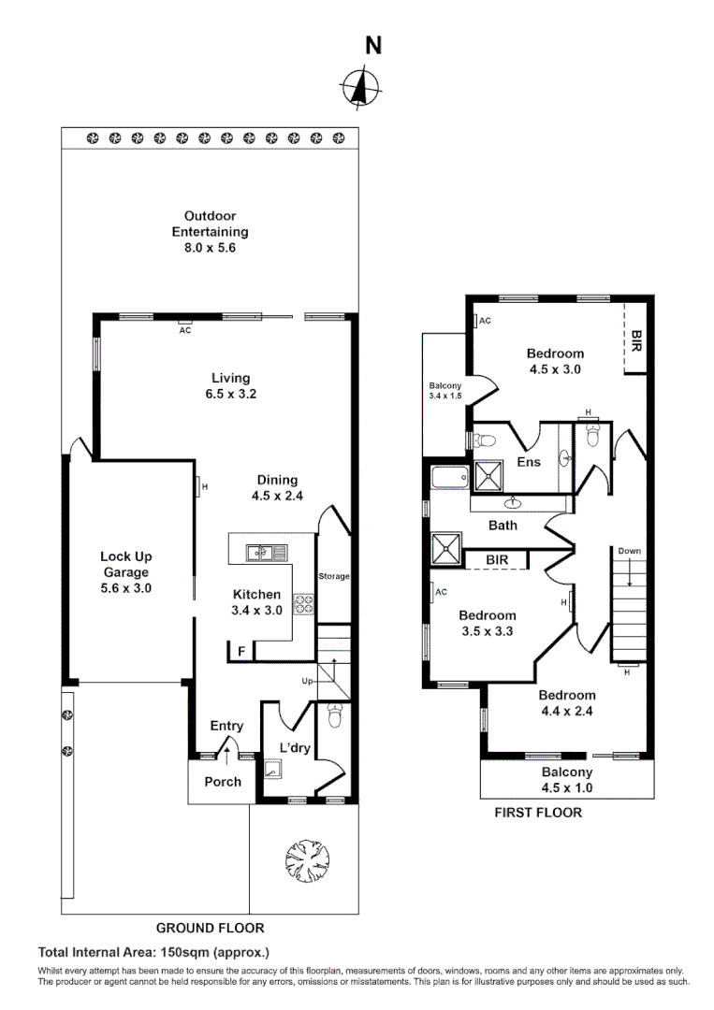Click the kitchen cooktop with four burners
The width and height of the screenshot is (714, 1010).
point(304,605)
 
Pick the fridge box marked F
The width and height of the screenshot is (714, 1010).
point(241,651)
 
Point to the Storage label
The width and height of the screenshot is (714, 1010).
point(333,577)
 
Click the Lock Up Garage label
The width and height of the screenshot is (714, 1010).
point(125,572)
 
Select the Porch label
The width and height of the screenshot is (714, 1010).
point(223,782)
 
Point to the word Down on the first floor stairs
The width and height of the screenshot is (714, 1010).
point(629,552)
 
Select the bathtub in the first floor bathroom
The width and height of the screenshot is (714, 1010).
point(447,480)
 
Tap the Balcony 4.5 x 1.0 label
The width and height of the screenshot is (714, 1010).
point(567,780)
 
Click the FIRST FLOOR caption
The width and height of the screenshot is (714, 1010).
point(538,813)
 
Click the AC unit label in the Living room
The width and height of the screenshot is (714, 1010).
point(184,330)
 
